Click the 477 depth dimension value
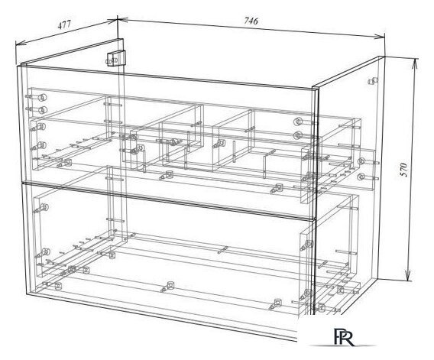(x=64, y=24)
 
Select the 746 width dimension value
(x=251, y=21)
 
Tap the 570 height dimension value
(x=404, y=170)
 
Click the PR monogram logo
(x=344, y=336)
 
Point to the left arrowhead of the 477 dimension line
(x=19, y=44)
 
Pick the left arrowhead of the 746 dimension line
(x=122, y=19)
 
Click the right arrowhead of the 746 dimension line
(x=380, y=36)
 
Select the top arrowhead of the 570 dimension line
(x=414, y=63)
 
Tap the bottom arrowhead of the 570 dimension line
(x=408, y=275)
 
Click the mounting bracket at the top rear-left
(x=115, y=58)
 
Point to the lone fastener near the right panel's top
(x=373, y=81)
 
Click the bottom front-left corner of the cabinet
(x=26, y=294)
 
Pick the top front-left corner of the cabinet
(x=18, y=66)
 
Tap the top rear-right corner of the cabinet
(x=384, y=57)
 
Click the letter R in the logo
(x=348, y=338)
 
